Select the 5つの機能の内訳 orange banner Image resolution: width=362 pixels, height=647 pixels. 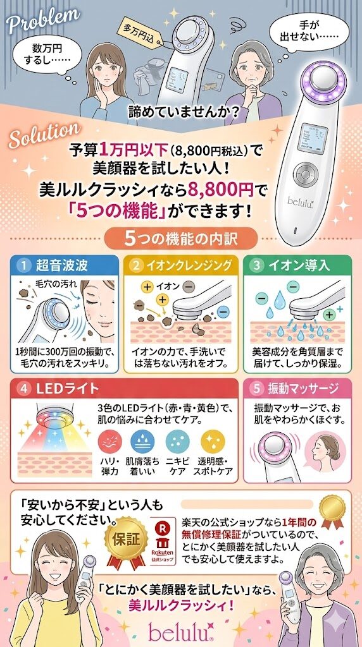(x=181, y=238)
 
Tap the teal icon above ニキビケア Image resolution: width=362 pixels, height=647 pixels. (x=178, y=441)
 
